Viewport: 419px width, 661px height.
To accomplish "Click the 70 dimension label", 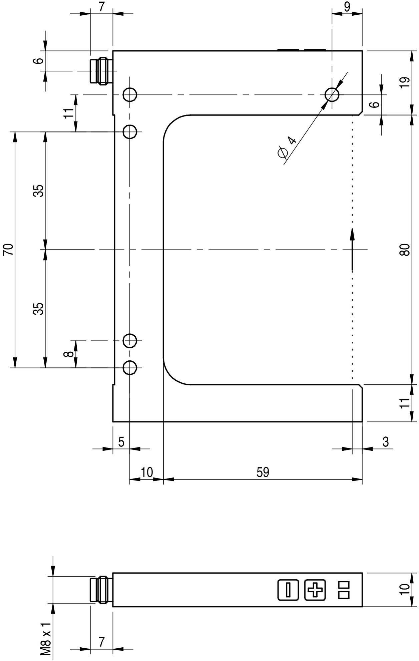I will pyautogui.click(x=8, y=250).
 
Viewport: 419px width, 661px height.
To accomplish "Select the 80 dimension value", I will pyautogui.click(x=405, y=250).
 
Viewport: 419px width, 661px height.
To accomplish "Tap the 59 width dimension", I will pyautogui.click(x=263, y=472).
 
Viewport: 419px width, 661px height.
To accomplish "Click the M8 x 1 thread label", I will pyautogui.click(x=46, y=634).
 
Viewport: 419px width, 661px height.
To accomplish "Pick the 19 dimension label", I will pyautogui.click(x=405, y=82).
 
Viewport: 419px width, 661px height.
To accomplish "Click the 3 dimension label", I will pyautogui.click(x=386, y=442).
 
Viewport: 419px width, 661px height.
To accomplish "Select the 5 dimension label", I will pyautogui.click(x=121, y=442).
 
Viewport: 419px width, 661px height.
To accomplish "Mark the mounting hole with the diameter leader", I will pyautogui.click(x=332, y=95).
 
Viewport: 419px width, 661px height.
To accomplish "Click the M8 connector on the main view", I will pyautogui.click(x=101, y=71).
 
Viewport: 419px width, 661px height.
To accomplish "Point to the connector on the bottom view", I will pyautogui.click(x=101, y=590).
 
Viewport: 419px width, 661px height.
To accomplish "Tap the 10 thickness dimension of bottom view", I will pyautogui.click(x=405, y=590).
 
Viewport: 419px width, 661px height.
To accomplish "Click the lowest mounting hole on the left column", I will pyautogui.click(x=130, y=368).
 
